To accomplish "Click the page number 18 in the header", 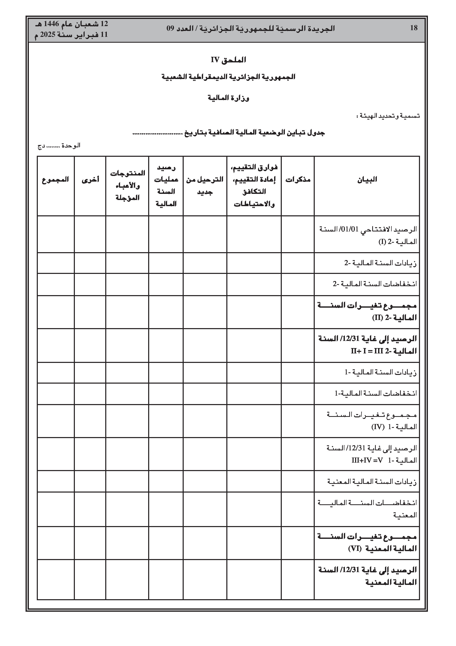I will pyautogui.click(x=414, y=28).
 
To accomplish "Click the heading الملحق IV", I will pyautogui.click(x=228, y=60).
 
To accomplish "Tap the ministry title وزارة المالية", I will pyautogui.click(x=228, y=98).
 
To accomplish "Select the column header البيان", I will pyautogui.click(x=367, y=180).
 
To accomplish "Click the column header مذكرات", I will pyautogui.click(x=298, y=180).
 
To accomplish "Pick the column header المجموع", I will pyautogui.click(x=55, y=180).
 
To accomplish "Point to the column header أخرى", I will pyautogui.click(x=90, y=180).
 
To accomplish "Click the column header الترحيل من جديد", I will pyautogui.click(x=205, y=185).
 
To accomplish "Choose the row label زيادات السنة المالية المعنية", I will pyautogui.click(x=372, y=482).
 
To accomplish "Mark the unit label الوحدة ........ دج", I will pyautogui.click(x=59, y=146).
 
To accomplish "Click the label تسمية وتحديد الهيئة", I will pyautogui.click(x=388, y=116).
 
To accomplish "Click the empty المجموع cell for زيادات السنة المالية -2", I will pyautogui.click(x=56, y=263).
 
